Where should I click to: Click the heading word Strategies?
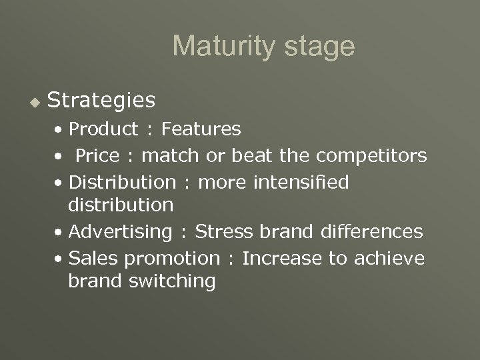point(102,101)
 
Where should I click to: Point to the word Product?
point(103,128)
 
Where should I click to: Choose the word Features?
point(201,128)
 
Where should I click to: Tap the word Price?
point(98,155)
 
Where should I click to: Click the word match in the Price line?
point(170,155)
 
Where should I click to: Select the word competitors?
point(371,155)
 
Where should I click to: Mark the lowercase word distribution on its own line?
point(121,205)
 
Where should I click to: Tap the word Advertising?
point(121,232)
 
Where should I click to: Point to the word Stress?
point(224,231)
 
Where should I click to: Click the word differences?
point(371,231)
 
